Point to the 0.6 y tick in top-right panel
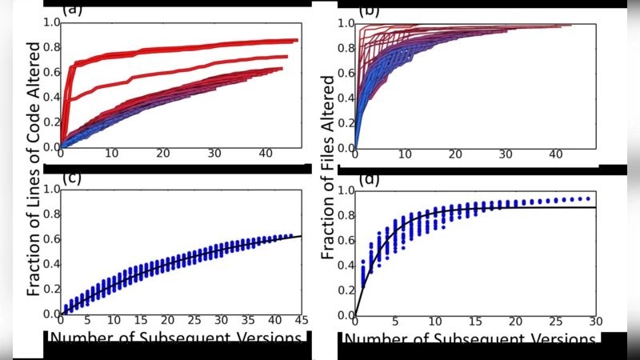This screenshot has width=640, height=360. (345, 73)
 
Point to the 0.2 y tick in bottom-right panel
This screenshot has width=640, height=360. (345, 290)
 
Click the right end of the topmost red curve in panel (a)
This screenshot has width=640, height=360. (297, 40)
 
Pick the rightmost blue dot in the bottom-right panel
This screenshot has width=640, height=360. (588, 198)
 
